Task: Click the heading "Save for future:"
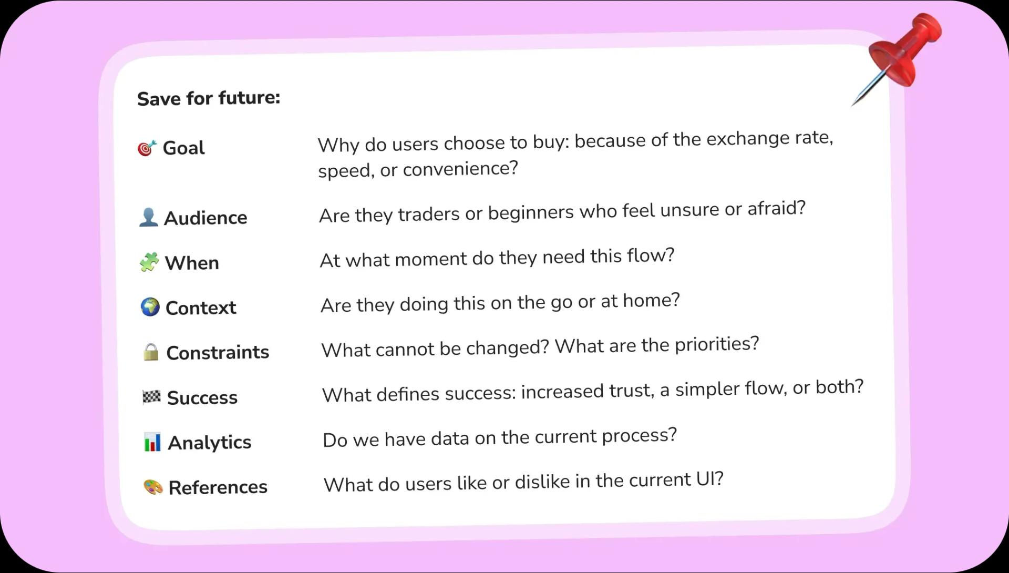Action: click(209, 98)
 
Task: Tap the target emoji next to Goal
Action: click(147, 148)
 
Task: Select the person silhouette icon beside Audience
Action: click(148, 217)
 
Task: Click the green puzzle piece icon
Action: click(149, 262)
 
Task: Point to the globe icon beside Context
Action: click(150, 307)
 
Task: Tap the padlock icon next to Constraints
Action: click(151, 352)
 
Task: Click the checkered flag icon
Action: click(151, 397)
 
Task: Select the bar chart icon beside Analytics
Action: click(152, 442)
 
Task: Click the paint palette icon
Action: click(153, 487)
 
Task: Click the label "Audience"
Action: click(205, 218)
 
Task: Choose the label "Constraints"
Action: click(218, 352)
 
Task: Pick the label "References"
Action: click(218, 487)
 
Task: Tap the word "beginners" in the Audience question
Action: click(531, 212)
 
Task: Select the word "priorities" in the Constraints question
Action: click(717, 344)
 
